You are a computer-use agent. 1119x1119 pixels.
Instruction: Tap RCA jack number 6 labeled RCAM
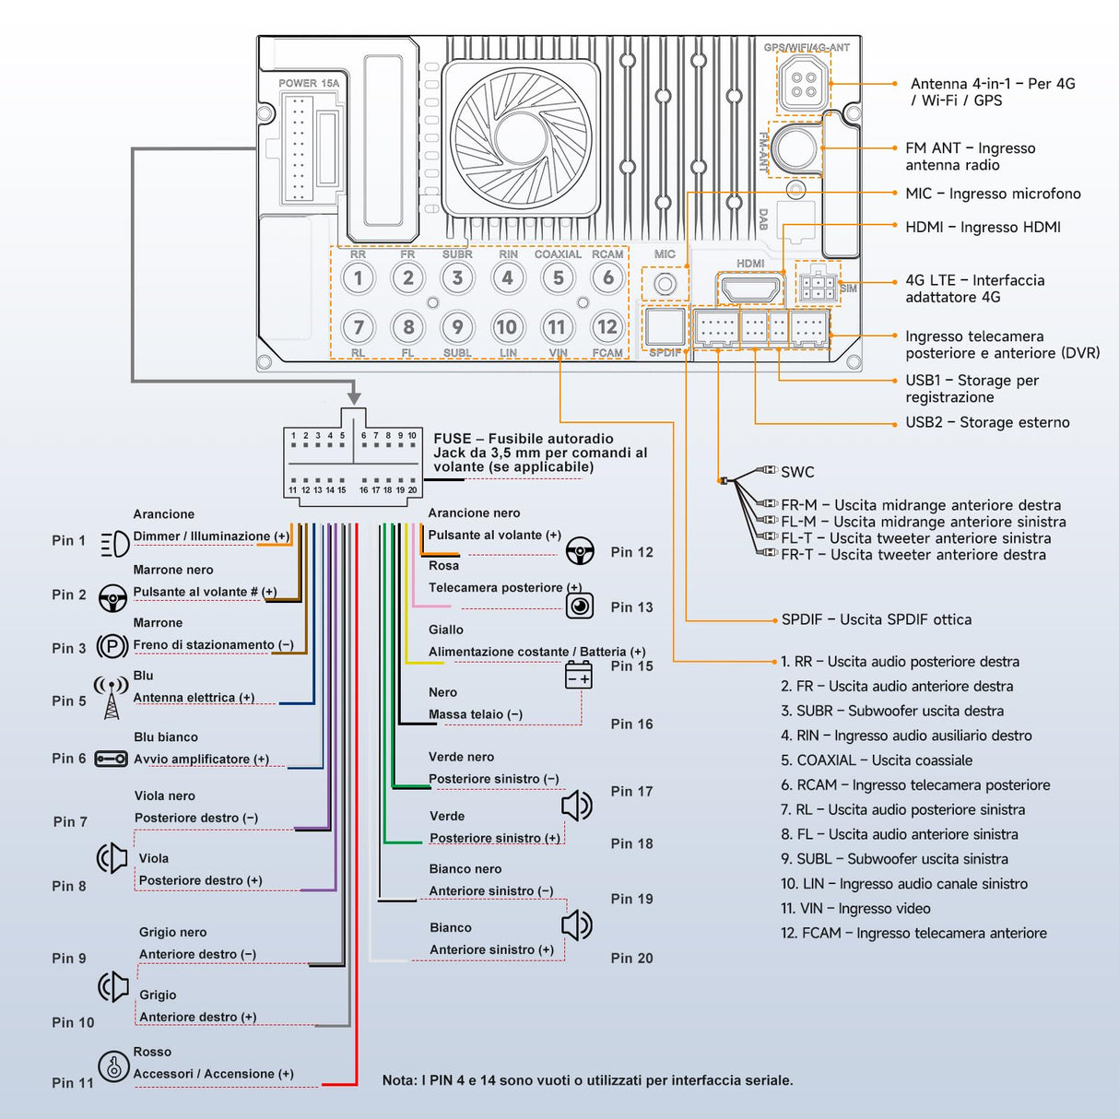tap(607, 277)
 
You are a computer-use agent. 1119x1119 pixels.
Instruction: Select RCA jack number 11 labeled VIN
tap(557, 327)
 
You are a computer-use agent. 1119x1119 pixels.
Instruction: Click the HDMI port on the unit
tap(749, 289)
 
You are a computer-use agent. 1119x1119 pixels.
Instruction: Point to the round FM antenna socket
tap(795, 147)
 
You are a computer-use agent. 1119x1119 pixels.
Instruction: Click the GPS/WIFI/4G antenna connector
tap(803, 83)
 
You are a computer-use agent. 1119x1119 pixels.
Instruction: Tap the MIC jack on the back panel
tap(665, 284)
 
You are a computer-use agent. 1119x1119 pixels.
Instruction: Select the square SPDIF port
tap(665, 326)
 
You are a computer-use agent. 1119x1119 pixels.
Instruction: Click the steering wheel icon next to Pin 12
tap(580, 551)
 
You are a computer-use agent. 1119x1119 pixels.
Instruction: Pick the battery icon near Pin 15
tap(579, 676)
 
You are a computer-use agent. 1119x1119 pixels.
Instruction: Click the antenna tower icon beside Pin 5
tap(112, 697)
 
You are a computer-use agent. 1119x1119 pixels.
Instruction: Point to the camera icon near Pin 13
tap(580, 606)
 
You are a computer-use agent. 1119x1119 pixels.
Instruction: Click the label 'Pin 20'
tap(631, 959)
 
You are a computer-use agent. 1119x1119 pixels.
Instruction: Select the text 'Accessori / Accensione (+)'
tap(214, 1074)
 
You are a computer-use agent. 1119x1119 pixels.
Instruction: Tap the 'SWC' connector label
tap(797, 472)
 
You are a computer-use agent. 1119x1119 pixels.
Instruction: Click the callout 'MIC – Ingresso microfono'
tap(993, 194)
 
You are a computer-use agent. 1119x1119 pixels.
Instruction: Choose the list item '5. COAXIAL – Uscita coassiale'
tap(877, 760)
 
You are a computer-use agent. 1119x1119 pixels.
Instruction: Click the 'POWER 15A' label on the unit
tap(309, 83)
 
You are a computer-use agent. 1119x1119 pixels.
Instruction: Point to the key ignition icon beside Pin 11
tap(113, 1066)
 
